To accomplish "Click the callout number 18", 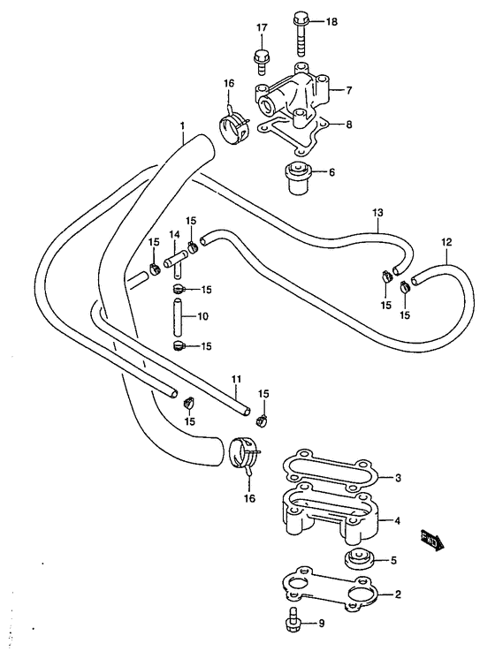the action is [331, 21].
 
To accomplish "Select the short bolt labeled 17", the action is [262, 63].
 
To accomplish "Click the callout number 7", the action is [348, 90].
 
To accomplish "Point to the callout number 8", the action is [348, 124].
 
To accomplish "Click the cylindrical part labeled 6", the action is [299, 178].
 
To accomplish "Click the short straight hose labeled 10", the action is [178, 317].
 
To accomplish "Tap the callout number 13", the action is [377, 213].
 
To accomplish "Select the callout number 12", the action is [446, 242].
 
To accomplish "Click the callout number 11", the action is [236, 379].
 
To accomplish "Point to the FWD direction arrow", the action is [432, 541].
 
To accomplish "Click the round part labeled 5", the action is [358, 560].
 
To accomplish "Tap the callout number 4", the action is [398, 520].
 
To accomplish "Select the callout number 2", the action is [398, 594].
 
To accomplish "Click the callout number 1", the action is [182, 125].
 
